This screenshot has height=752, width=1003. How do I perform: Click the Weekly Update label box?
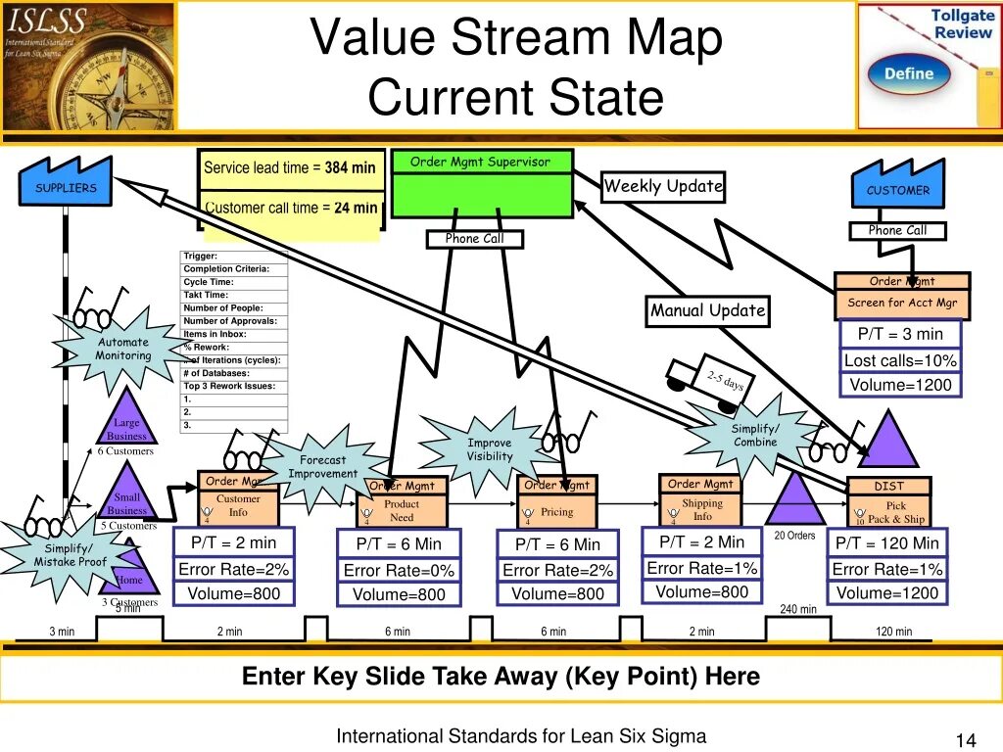click(663, 186)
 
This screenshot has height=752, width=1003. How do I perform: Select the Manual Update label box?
click(707, 311)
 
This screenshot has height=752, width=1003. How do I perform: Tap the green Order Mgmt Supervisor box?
click(481, 184)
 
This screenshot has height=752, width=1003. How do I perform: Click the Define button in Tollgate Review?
click(909, 74)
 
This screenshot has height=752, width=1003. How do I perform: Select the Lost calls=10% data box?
click(900, 360)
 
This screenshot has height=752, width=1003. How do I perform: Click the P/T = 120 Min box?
click(887, 543)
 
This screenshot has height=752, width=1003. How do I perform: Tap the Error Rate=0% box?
click(399, 571)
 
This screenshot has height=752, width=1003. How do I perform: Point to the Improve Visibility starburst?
click(489, 449)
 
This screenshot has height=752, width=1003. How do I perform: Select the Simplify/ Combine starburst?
click(755, 436)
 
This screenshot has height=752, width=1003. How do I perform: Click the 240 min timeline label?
click(798, 609)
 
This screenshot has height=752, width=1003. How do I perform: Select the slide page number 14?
click(961, 739)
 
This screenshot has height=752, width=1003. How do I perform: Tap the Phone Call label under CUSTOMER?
click(897, 231)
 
